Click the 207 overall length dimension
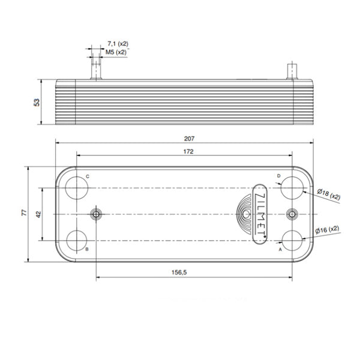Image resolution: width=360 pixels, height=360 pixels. click(x=190, y=138)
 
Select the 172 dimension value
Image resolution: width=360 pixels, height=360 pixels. click(x=188, y=152)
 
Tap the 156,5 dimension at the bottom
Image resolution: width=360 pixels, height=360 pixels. click(x=180, y=272)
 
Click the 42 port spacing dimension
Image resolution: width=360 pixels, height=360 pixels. click(x=37, y=214)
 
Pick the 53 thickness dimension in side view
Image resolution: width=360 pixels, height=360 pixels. click(x=36, y=103)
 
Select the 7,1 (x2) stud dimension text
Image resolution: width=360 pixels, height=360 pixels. click(x=118, y=44)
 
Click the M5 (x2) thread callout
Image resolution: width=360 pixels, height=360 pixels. click(x=116, y=52)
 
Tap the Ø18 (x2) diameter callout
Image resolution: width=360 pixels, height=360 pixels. click(x=328, y=194)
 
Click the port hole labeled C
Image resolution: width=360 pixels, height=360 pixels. click(x=77, y=187)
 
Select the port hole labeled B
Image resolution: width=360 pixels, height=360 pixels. click(x=77, y=239)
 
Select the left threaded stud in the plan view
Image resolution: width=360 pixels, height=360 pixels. click(x=95, y=214)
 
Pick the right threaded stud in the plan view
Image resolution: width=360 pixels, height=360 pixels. click(x=292, y=214)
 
